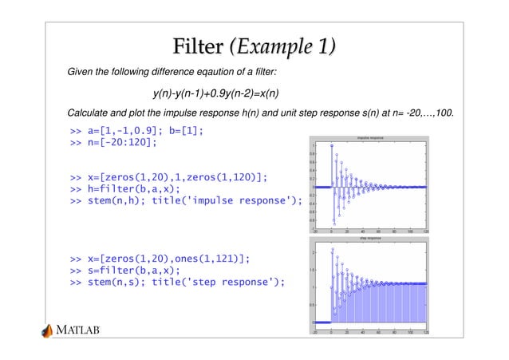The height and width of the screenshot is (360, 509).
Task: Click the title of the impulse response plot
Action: pos(369,138)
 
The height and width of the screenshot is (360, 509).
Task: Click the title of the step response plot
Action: pos(369,238)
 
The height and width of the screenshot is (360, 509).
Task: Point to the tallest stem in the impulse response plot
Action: pos(332,145)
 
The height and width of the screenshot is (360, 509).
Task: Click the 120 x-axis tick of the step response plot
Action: pos(426,331)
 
